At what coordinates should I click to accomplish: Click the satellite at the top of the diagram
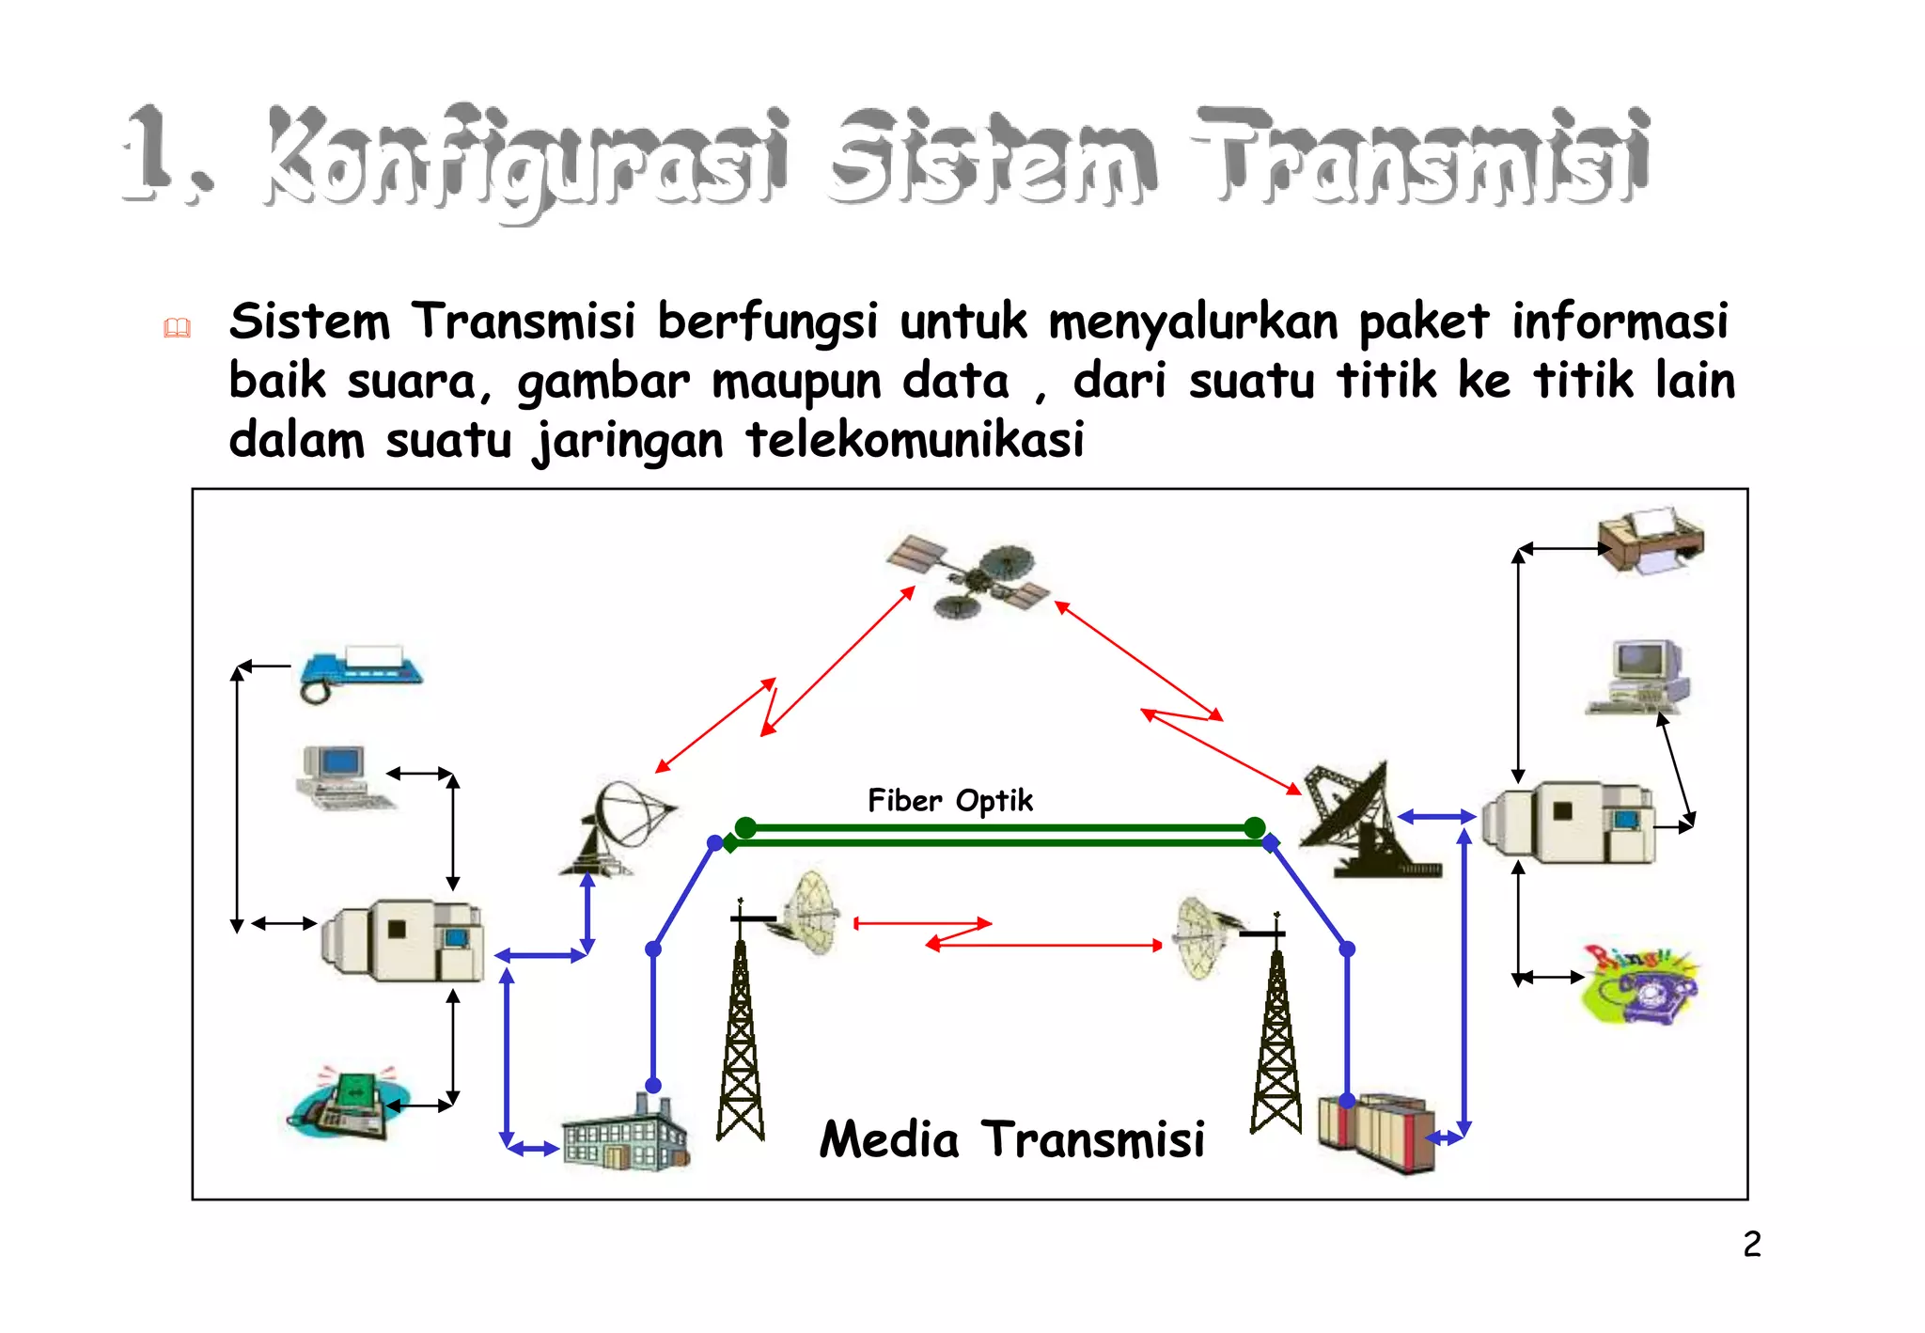point(968,575)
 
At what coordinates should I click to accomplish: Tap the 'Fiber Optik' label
point(949,801)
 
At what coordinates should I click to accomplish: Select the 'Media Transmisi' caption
point(1011,1139)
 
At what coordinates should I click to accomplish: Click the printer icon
point(1651,540)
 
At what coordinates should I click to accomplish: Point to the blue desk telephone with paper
point(360,670)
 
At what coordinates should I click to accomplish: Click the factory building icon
point(624,1135)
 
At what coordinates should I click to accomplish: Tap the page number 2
point(1751,1245)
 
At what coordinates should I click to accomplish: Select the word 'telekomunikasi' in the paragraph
point(915,440)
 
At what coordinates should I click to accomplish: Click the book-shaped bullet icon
point(177,328)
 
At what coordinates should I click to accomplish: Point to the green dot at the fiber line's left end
point(745,827)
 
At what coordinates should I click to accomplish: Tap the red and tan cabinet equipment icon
point(1377,1132)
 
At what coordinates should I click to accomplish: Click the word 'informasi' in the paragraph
point(1620,321)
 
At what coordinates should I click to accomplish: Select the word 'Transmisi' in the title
point(1421,158)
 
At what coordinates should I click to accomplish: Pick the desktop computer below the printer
point(1637,677)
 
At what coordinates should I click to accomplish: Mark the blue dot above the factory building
point(653,1086)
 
